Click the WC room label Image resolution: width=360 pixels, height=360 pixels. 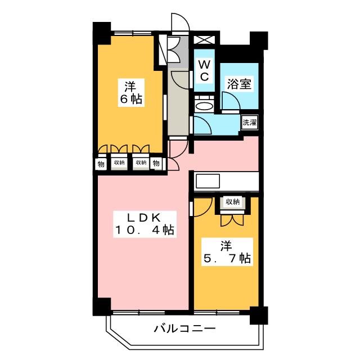click(x=204, y=71)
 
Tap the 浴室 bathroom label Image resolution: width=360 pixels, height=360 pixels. click(x=239, y=84)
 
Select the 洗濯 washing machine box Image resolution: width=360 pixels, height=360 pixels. click(x=250, y=123)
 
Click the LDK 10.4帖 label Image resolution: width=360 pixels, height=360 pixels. click(x=145, y=224)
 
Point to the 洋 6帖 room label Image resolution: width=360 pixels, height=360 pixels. click(x=131, y=93)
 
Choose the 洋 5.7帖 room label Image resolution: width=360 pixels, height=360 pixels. click(x=227, y=252)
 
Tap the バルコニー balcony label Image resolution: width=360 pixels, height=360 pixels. click(x=185, y=328)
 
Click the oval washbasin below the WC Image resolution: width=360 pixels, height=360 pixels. click(x=204, y=106)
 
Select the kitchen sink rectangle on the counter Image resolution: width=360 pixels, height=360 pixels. click(x=208, y=181)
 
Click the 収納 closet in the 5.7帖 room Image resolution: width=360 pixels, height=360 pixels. click(x=233, y=202)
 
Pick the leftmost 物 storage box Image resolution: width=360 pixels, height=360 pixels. click(x=101, y=164)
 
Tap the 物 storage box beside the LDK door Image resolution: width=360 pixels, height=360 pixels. click(x=156, y=164)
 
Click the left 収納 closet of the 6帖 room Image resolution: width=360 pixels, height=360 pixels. click(x=119, y=163)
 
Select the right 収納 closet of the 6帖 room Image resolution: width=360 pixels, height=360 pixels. click(x=141, y=163)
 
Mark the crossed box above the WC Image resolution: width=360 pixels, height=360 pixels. click(x=204, y=40)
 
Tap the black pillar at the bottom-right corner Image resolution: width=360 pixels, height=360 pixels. click(x=259, y=315)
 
